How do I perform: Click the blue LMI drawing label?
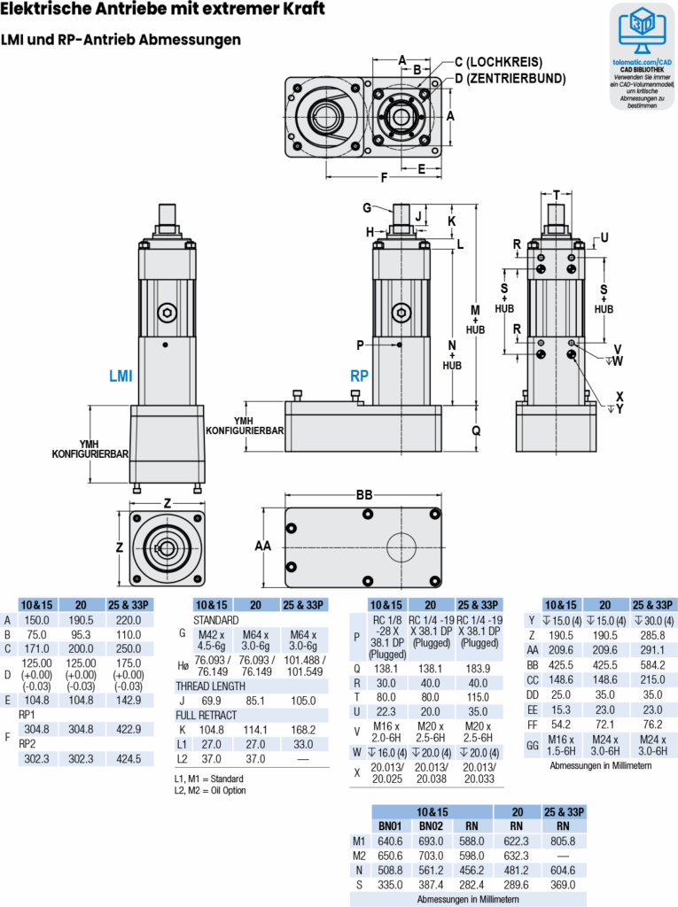[x=121, y=376]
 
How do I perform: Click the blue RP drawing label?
[x=359, y=376]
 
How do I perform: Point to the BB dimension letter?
[x=363, y=494]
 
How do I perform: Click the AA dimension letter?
[x=263, y=547]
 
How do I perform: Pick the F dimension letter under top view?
[x=384, y=177]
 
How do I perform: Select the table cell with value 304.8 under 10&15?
[x=36, y=729]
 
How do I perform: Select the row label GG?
[x=531, y=745]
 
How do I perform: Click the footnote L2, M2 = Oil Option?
[x=209, y=790]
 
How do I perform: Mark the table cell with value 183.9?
[x=479, y=669]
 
